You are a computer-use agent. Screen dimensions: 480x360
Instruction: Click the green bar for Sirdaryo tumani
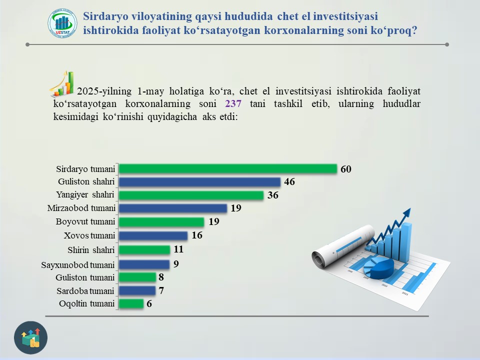click(x=228, y=168)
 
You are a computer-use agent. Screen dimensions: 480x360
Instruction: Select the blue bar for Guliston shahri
click(x=199, y=182)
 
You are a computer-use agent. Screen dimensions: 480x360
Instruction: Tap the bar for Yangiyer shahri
click(x=191, y=195)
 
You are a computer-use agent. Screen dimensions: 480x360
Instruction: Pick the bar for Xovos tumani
click(x=153, y=235)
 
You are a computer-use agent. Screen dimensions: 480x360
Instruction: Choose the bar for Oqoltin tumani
click(x=131, y=303)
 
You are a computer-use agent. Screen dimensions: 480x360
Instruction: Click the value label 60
click(x=346, y=169)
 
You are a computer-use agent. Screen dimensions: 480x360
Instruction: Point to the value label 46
click(x=289, y=182)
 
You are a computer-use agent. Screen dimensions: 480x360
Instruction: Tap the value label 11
click(x=178, y=249)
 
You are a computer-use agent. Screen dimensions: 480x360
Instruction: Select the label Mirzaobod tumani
click(x=81, y=208)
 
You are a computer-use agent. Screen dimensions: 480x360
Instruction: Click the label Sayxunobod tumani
click(x=78, y=265)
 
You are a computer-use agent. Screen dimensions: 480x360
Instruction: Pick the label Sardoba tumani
click(x=85, y=291)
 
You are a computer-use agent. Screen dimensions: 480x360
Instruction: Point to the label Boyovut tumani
click(x=85, y=221)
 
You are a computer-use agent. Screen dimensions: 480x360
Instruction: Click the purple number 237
click(x=233, y=104)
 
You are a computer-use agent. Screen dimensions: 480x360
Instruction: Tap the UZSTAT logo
click(x=62, y=23)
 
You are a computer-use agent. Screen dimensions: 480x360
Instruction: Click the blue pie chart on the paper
click(x=378, y=267)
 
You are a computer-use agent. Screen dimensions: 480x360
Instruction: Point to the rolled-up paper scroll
click(x=343, y=246)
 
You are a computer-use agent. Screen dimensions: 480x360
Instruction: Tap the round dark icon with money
click(x=30, y=337)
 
